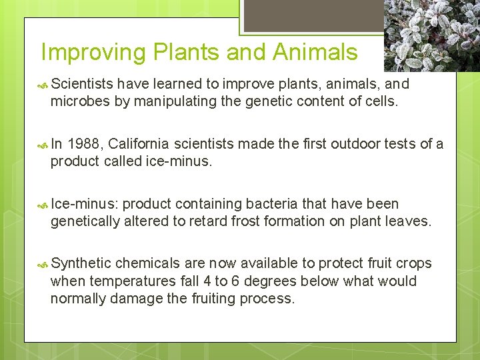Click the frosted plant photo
click(x=432, y=35)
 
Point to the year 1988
click(x=85, y=144)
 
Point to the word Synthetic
click(x=81, y=263)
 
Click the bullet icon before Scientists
click(x=43, y=85)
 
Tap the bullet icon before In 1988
click(x=43, y=145)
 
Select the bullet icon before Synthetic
click(x=43, y=264)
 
